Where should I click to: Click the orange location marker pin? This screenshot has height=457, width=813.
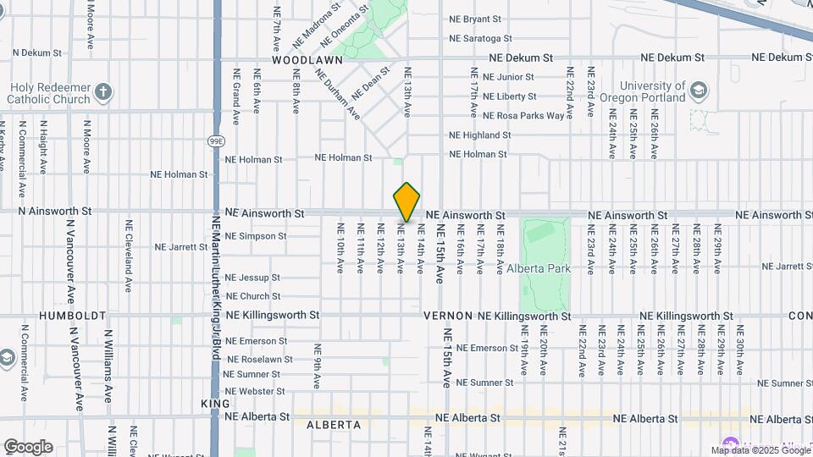(406, 202)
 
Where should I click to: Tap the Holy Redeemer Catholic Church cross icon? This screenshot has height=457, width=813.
(102, 91)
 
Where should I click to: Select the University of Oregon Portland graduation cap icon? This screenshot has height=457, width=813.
(698, 91)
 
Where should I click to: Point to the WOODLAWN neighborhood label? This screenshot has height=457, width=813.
(307, 61)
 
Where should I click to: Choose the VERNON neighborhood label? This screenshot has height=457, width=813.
(448, 316)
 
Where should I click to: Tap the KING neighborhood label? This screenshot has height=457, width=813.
(215, 404)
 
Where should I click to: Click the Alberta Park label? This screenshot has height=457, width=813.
(539, 268)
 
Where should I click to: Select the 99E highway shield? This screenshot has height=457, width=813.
(216, 140)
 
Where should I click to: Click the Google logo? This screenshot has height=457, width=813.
(28, 447)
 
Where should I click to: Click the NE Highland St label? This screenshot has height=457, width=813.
(479, 135)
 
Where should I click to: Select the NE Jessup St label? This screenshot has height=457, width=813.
(252, 278)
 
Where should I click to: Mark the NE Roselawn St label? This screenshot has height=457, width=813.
(258, 359)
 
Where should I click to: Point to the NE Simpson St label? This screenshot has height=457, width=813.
(256, 236)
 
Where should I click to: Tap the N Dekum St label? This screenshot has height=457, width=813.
(30, 52)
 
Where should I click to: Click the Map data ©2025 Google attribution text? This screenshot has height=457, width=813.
(760, 450)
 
